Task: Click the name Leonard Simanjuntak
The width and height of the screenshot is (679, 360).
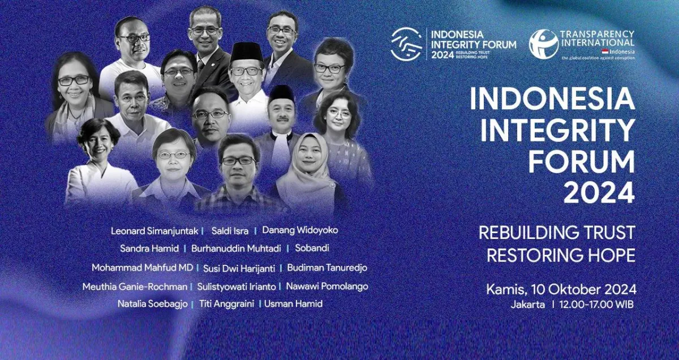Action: pos(153,232)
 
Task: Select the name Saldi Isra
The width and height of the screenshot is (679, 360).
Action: pos(230,232)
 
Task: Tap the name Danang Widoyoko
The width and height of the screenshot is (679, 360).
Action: pos(300,231)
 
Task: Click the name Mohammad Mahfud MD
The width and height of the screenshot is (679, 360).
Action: pos(143,267)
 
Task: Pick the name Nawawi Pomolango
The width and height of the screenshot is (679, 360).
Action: pos(326,286)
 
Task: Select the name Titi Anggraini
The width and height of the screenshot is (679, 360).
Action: pos(228,304)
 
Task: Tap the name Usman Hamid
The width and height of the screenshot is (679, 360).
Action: pos(294,304)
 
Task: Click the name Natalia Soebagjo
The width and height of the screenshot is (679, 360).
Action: pos(154,304)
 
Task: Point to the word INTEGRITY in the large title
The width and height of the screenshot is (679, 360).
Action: pos(558,131)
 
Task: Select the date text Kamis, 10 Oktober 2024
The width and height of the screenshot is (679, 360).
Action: pos(561,289)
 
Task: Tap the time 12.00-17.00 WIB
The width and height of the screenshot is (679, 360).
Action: pos(596,305)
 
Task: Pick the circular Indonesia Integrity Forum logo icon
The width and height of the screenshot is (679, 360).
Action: pos(406,44)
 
